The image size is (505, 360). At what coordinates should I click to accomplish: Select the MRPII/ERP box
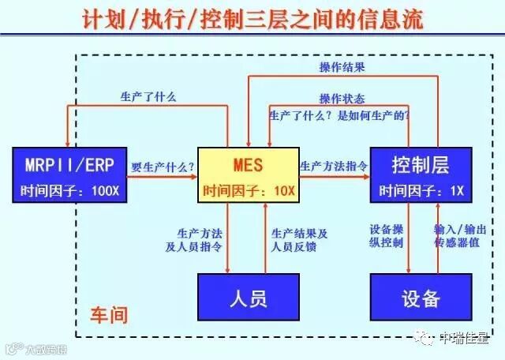pos(69,174)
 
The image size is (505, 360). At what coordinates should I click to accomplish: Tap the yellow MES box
pos(248,174)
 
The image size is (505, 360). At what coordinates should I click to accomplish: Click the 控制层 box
pos(421,174)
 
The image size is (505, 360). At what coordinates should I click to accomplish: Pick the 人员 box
pos(248,298)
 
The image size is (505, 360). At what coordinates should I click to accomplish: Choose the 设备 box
pos(421,298)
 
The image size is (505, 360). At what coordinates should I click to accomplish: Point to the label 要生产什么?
pos(162,166)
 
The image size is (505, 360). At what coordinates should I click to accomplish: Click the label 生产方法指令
pos(333,166)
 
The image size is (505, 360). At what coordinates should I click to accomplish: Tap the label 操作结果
pos(342,67)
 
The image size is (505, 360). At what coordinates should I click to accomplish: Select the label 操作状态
pos(342,99)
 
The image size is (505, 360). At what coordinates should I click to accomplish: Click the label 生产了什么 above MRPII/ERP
pos(148,97)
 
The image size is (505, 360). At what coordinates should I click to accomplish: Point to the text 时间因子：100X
pos(69,190)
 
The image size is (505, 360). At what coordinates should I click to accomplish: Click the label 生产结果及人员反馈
pos(299,239)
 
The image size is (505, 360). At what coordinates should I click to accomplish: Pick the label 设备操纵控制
pos(386,234)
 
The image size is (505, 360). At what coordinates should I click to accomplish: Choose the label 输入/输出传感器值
pos(455,234)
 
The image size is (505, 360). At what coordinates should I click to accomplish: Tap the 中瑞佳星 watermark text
pos(464,339)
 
